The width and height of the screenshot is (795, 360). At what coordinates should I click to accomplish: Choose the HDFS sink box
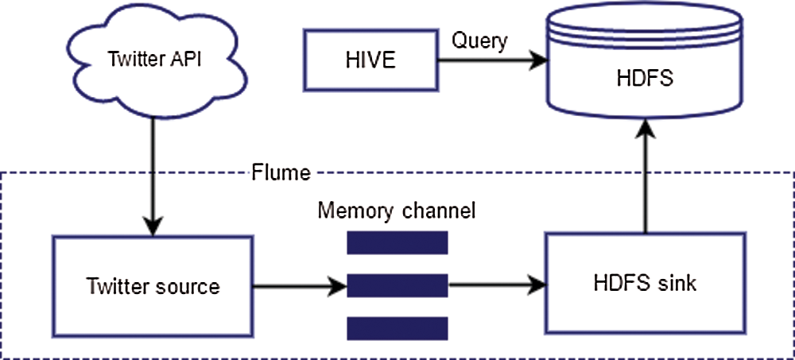coord(645,283)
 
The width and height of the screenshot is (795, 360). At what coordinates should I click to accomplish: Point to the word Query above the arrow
coord(479,41)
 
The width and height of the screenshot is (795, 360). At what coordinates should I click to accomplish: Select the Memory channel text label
coord(396,211)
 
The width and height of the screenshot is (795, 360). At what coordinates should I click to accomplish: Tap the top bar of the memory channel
coord(397,242)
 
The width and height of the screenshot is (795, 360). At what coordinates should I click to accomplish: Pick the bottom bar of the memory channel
coord(397,327)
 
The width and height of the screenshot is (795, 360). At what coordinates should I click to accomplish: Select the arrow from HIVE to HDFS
coord(481,60)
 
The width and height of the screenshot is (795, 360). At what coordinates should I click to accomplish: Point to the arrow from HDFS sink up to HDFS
coord(644,183)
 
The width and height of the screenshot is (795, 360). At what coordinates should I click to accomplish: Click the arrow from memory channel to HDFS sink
coord(495,284)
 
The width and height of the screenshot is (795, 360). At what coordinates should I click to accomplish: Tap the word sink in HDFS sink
coord(679,283)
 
